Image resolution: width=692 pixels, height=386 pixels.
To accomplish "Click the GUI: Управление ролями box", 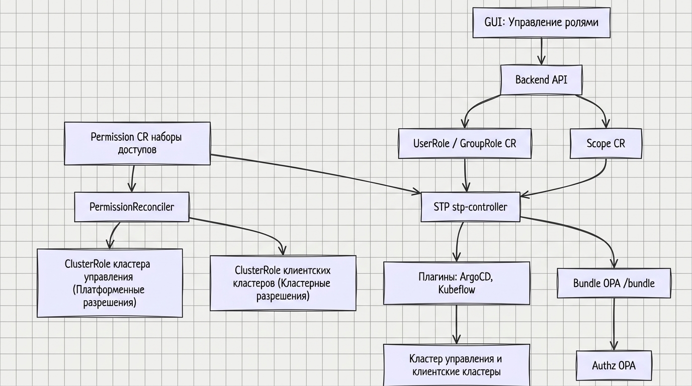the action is (x=542, y=23).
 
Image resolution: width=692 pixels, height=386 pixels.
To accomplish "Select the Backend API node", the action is (x=541, y=80).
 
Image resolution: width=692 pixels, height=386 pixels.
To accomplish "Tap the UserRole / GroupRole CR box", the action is (x=465, y=144).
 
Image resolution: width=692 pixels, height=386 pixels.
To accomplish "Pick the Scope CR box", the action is (x=606, y=144).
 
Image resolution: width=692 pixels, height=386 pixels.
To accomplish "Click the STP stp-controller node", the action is (x=471, y=207).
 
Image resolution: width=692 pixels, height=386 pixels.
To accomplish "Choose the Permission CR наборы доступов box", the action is (x=137, y=143).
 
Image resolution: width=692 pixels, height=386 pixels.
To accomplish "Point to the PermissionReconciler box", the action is (x=132, y=207).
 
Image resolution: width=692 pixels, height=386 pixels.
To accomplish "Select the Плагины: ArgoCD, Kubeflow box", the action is (x=457, y=283).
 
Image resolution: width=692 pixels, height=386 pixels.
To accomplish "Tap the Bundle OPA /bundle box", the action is (x=614, y=283).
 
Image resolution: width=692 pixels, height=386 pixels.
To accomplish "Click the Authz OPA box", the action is (x=614, y=365).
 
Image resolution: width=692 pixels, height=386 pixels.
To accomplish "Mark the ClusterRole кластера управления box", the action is (x=110, y=283).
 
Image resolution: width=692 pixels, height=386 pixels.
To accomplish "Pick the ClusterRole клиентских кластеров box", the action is (x=283, y=283).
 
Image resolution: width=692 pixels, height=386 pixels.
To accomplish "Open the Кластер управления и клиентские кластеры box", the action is (x=457, y=365).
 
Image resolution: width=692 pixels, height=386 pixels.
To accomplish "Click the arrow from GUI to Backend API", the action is (x=542, y=51).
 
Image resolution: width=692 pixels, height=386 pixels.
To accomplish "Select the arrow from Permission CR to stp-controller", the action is (x=315, y=174).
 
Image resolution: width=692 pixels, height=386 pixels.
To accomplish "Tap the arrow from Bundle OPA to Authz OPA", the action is (x=614, y=324).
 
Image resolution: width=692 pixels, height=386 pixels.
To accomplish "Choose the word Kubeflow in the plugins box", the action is (x=457, y=290).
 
